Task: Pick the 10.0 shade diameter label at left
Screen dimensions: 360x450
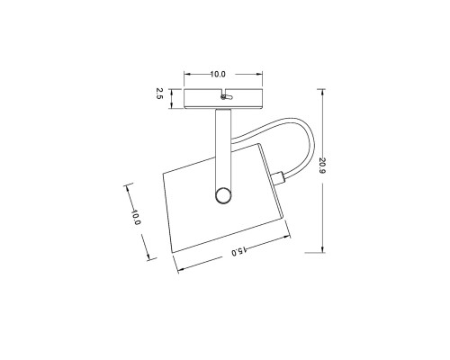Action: pos(136,218)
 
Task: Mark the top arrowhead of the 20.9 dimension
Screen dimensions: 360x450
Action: pos(321,88)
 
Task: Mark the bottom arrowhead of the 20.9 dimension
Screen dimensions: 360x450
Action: pos(321,251)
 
